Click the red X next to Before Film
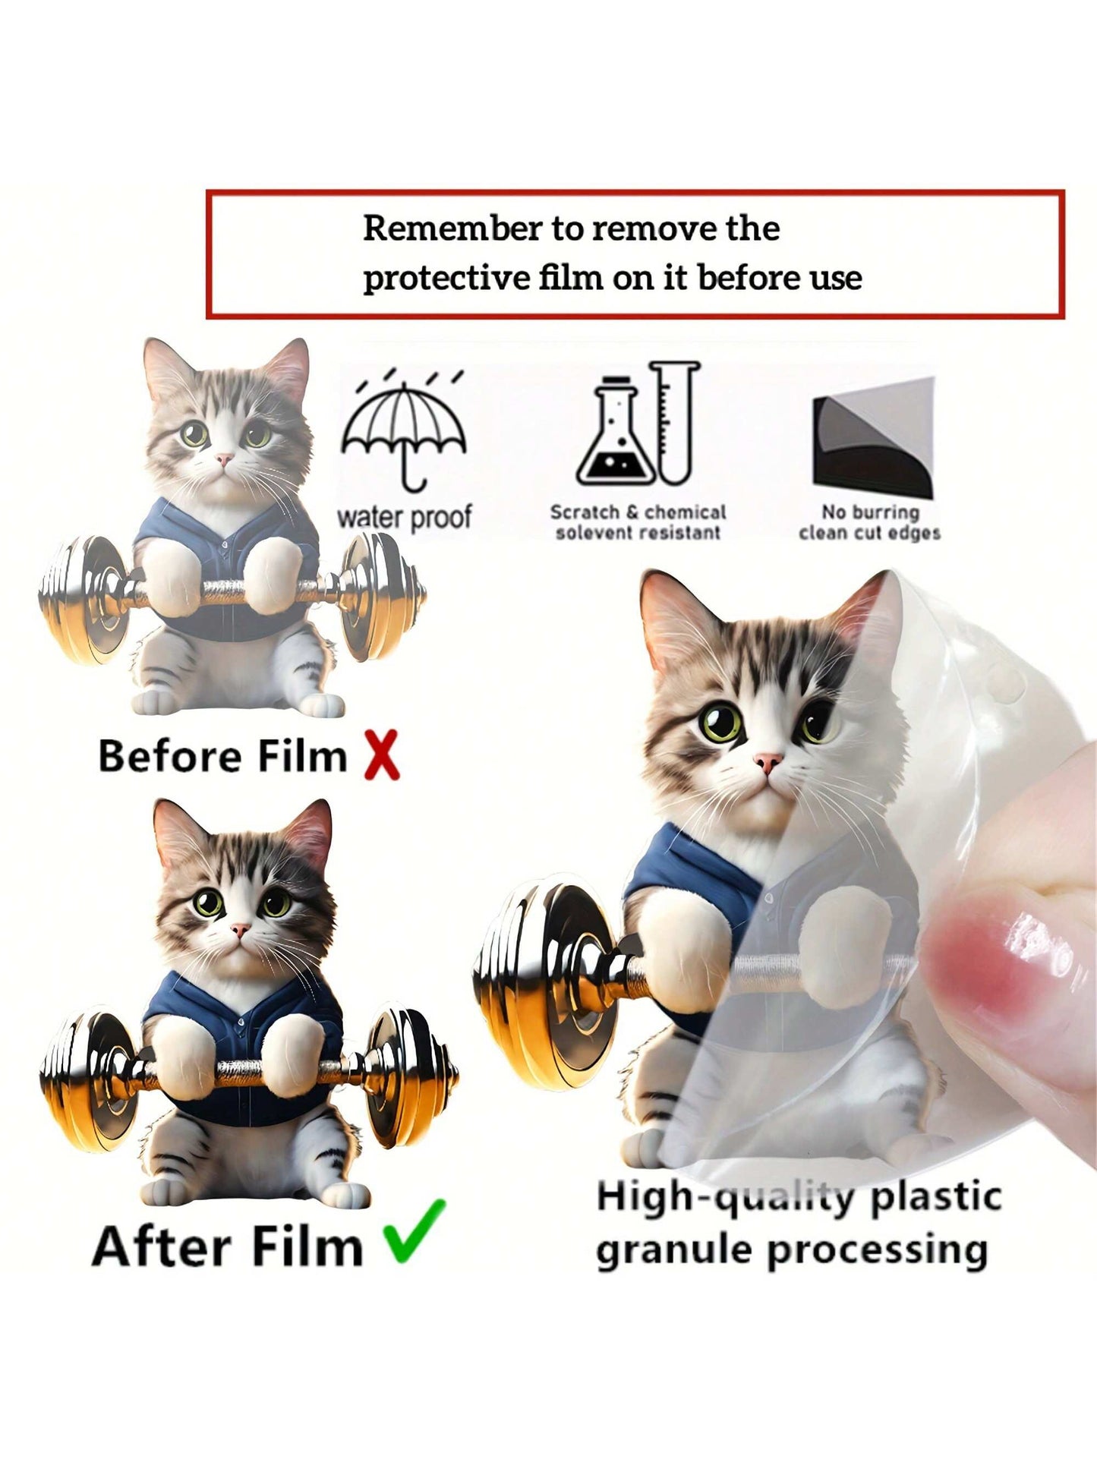click(x=381, y=755)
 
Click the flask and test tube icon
click(x=638, y=424)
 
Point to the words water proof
click(x=404, y=518)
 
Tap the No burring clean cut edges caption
click(x=869, y=523)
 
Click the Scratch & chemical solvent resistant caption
click(x=638, y=522)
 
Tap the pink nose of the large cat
click(x=769, y=761)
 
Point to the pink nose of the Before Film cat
click(x=224, y=459)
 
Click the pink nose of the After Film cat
click(x=240, y=928)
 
